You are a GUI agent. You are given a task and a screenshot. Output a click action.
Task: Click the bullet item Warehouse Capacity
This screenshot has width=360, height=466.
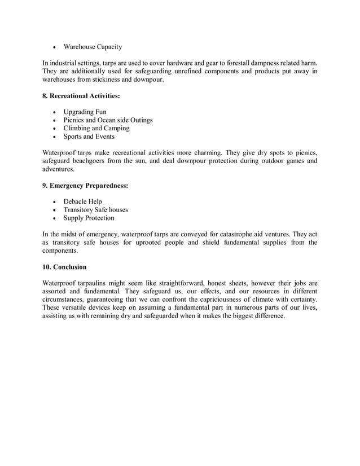point(93,47)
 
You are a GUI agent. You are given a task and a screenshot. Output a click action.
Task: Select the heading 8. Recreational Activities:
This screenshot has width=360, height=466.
point(81,96)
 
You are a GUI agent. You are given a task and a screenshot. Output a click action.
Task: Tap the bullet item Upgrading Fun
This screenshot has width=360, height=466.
point(85,112)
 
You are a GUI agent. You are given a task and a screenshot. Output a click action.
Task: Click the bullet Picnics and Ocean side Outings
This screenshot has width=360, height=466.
point(108,120)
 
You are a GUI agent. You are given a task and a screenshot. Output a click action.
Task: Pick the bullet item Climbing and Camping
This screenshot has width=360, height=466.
point(96,128)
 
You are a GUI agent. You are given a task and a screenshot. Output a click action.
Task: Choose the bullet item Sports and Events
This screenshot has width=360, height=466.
point(89,137)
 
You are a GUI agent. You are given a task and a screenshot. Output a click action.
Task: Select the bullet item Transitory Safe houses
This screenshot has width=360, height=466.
point(95,210)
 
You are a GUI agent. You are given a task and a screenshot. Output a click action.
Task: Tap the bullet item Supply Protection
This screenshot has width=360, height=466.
point(89,218)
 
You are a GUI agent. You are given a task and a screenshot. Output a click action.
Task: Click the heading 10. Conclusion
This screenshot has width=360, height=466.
point(64,267)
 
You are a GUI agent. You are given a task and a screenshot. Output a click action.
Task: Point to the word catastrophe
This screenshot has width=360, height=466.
point(230,234)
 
